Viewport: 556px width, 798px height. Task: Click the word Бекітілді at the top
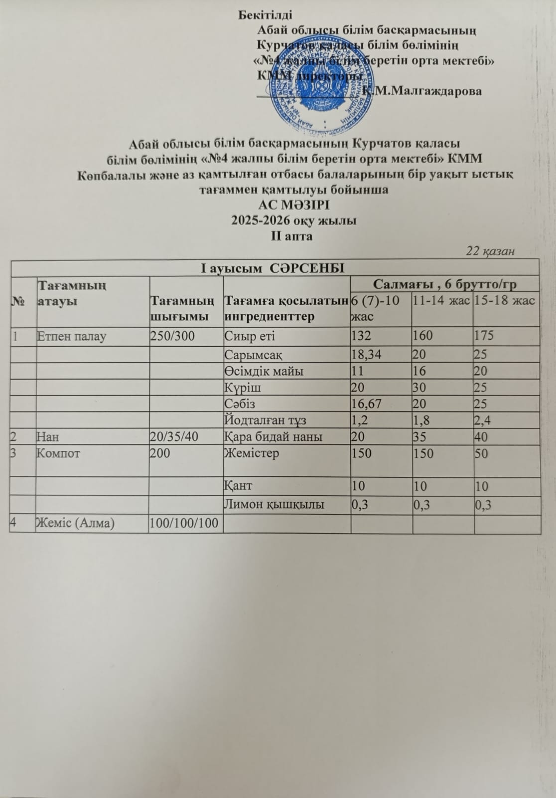265,14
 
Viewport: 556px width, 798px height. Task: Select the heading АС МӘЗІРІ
293,205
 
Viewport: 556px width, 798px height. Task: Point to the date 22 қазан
490,251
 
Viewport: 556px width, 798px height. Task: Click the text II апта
291,236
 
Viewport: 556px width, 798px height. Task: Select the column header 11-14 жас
441,300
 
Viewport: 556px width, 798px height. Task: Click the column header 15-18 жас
504,300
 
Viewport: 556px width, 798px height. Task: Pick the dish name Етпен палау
72,336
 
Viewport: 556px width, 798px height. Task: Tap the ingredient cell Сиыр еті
250,336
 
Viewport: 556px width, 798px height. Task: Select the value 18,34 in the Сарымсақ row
366,355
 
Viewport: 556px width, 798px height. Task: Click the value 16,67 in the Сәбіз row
366,403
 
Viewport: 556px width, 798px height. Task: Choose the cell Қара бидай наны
273,437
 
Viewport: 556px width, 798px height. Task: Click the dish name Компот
58,454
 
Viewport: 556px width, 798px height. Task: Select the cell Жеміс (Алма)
75,523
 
